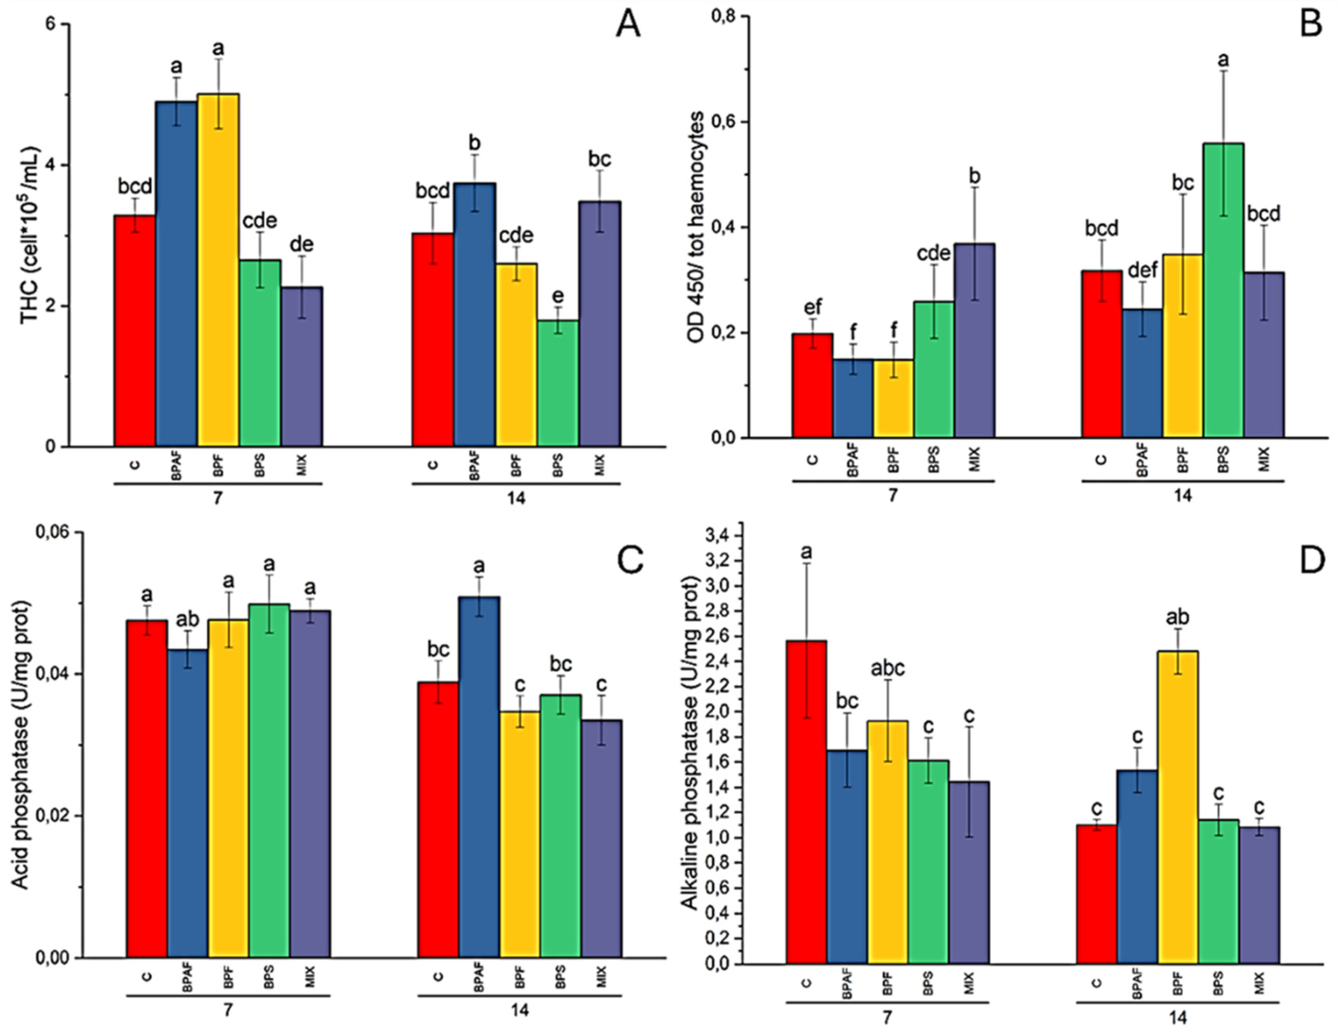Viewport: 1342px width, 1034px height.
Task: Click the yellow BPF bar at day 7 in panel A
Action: click(218, 270)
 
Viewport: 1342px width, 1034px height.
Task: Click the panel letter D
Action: click(1311, 561)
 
